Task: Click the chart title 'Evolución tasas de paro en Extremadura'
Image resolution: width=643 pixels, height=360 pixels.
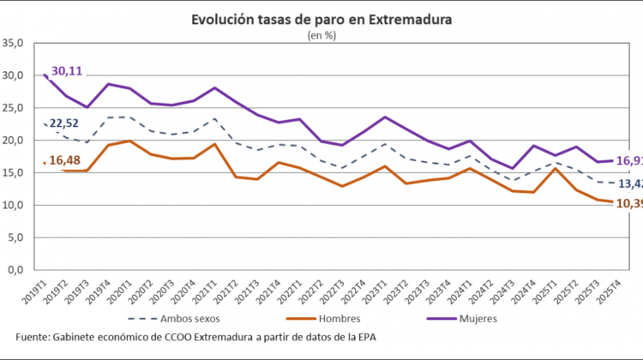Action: (321, 19)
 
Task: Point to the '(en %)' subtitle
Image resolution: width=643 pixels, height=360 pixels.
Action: (321, 35)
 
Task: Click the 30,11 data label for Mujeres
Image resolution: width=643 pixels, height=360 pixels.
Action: (67, 71)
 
